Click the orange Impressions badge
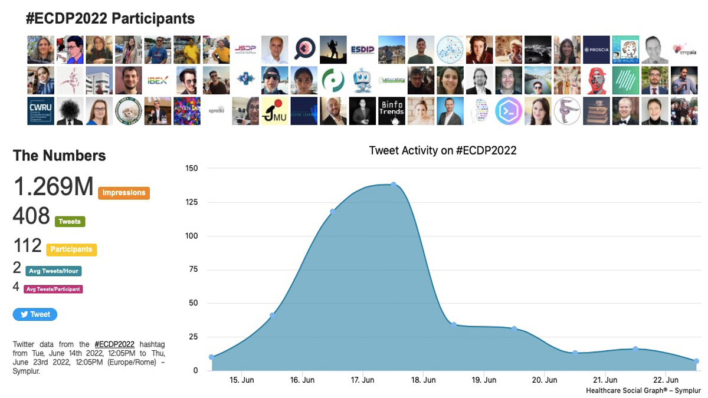tap(123, 193)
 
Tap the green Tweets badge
tap(70, 222)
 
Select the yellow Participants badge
tap(71, 249)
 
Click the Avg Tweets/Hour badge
tap(54, 271)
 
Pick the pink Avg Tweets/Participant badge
tap(53, 289)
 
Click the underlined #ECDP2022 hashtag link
tap(114, 344)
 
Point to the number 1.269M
tap(53, 187)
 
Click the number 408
tap(31, 216)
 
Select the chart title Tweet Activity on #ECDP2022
tap(442, 150)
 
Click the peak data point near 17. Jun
tap(394, 185)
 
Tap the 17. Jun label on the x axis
tap(363, 380)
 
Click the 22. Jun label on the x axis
tap(666, 380)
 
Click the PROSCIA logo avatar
tap(596, 50)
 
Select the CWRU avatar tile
tap(41, 111)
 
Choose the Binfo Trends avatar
tap(391, 111)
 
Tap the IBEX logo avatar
tap(158, 81)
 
